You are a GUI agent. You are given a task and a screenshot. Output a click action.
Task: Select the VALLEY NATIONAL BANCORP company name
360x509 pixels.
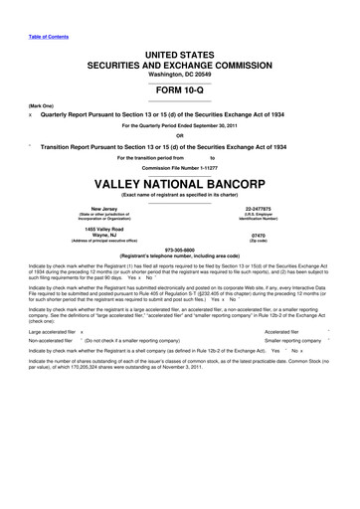point(180,185)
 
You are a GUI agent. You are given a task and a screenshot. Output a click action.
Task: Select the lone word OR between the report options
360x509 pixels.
point(180,135)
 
